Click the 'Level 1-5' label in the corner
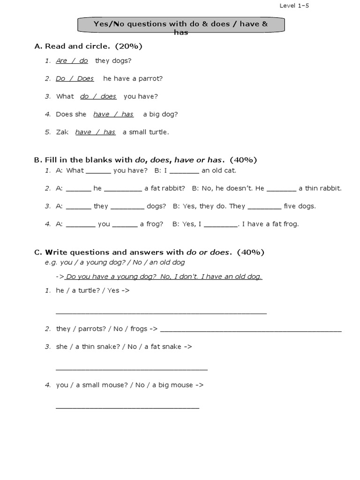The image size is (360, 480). coord(294,6)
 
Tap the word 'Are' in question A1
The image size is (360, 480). coord(61,60)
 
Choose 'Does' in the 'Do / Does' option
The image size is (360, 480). coord(85,78)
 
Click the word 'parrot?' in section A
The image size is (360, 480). coord(149,78)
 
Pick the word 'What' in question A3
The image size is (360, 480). coord(65,96)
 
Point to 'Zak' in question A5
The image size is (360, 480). coord(62,132)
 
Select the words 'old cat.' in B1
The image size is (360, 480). coord(225,170)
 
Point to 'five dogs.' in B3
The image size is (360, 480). coord(300,206)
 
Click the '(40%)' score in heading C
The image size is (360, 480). coord(250,252)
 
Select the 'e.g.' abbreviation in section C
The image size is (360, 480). coord(51,262)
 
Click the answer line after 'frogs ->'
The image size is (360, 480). coord(251,330)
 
